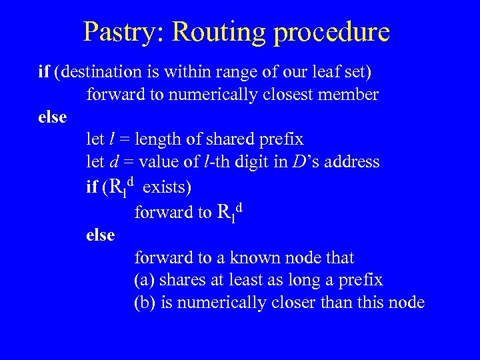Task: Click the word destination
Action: [x=99, y=71]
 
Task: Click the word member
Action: [x=351, y=94]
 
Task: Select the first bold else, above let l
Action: [x=53, y=117]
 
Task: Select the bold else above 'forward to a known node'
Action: [x=101, y=235]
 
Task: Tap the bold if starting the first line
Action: [x=43, y=71]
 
